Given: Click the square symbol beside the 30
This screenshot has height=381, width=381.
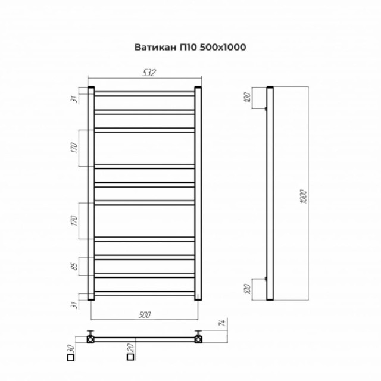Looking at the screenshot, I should point(70,358).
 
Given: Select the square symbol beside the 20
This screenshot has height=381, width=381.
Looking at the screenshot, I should point(130,358).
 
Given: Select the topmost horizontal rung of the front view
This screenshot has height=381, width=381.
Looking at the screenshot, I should point(145,94).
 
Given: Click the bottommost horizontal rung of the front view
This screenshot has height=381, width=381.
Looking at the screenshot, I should point(145,293).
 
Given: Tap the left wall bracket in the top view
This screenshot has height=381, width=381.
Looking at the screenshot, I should point(91,338).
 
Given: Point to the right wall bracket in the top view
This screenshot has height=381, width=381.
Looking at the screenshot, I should point(198,338).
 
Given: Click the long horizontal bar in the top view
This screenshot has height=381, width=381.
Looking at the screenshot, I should point(145,339).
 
